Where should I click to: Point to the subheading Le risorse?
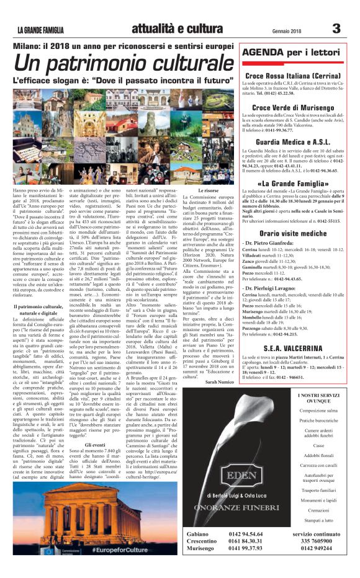[x=207, y=190]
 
